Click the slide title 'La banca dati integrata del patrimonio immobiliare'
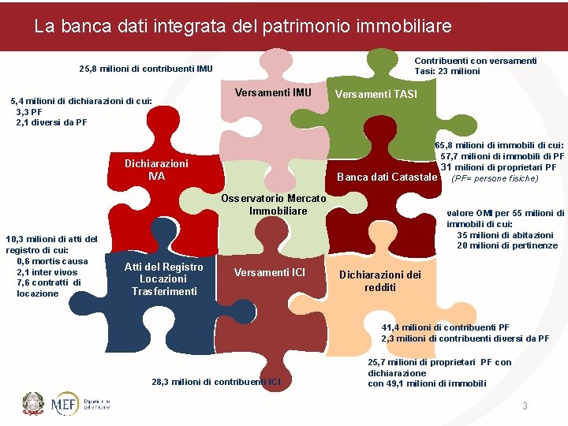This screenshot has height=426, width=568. tap(243, 26)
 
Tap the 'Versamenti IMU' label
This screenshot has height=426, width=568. tap(273, 93)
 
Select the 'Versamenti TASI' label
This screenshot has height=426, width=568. tap(376, 95)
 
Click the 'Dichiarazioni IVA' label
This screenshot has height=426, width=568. tap(156, 170)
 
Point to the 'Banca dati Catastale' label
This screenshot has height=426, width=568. tap(387, 177)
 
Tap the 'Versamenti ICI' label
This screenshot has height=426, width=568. tap(270, 272)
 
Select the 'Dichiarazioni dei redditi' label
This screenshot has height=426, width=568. tap(379, 281)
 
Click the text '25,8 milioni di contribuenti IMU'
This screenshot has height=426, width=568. tap(146, 69)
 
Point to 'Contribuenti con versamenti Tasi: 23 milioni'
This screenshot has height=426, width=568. tap(476, 65)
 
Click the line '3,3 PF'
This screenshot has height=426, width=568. tap(29, 112)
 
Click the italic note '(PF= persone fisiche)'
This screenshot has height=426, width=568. tap(494, 178)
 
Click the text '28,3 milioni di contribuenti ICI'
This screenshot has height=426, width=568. tap(215, 382)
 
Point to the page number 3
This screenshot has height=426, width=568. tap(524, 405)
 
